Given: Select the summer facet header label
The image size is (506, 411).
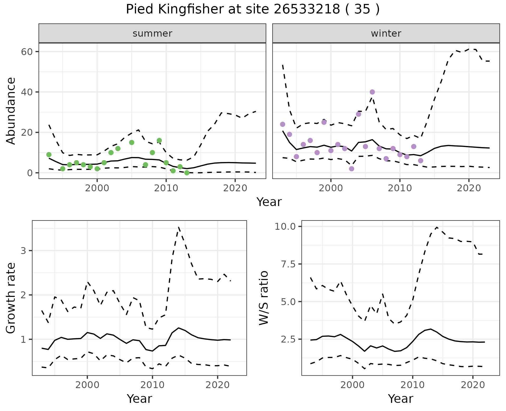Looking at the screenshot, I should coord(152,33).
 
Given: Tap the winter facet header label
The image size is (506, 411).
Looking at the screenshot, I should coord(386,33).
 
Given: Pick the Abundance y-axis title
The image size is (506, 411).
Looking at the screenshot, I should coord(11,111).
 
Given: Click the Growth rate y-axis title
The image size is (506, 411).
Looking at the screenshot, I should coord(11,298).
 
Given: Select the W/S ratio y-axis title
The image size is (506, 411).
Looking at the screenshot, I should coord(264,298).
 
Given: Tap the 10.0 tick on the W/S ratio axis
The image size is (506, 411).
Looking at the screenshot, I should coord(286,226).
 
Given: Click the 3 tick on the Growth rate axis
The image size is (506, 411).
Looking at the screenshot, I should coord(23,251).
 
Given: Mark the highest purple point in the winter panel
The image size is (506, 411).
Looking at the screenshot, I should coord(372,92).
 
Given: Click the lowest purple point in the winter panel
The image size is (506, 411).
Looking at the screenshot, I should coord(352,169).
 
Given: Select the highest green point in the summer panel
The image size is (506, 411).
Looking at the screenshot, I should coord(159,140).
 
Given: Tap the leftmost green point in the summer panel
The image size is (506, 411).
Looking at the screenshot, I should coord(49,154).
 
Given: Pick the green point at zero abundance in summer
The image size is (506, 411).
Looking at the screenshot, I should coord(187,173).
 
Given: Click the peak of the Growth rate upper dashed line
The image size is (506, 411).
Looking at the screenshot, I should coord(178,227).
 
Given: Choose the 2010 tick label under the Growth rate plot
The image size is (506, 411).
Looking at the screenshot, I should coord(152,385).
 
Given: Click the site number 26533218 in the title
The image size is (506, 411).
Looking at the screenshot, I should coord(307,9).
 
